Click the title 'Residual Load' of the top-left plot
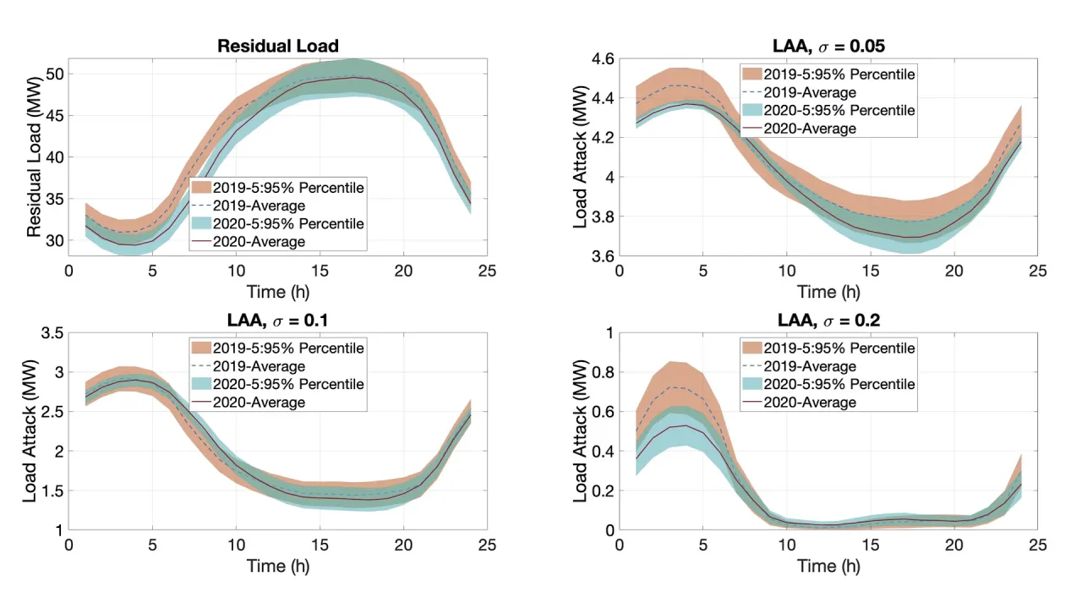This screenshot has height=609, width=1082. (278, 46)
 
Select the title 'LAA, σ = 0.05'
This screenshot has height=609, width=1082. (829, 46)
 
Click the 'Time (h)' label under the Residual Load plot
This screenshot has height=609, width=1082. (278, 292)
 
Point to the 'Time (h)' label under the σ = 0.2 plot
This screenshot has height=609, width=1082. (829, 566)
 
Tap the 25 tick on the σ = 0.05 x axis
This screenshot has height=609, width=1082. (1038, 271)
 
